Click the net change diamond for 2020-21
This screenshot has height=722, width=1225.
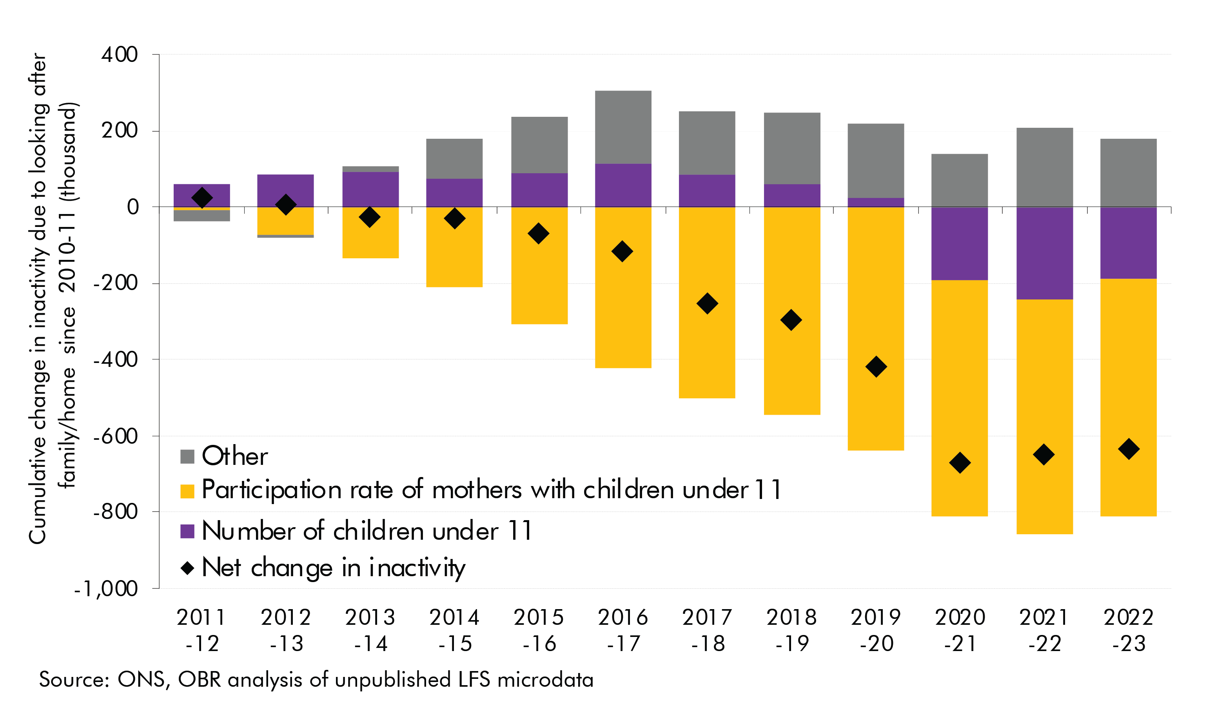[959, 463]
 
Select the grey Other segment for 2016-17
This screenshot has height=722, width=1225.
[623, 127]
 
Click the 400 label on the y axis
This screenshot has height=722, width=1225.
[119, 54]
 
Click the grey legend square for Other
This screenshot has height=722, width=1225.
[187, 456]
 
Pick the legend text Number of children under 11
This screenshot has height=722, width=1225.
[367, 531]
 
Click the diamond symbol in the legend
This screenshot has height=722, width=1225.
[187, 568]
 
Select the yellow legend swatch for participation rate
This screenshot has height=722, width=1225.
[187, 491]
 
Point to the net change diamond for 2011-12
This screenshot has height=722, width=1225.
[202, 198]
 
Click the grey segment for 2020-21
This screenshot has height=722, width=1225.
[959, 180]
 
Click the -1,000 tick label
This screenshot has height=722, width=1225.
[106, 589]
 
